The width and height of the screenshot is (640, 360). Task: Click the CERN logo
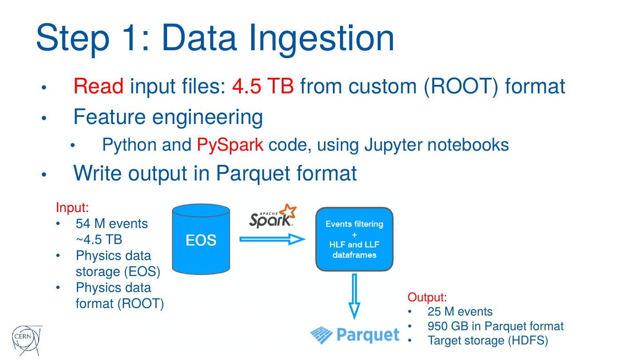(x=27, y=340)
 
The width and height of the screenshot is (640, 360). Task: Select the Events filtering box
(x=354, y=239)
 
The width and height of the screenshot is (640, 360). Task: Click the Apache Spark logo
(x=272, y=216)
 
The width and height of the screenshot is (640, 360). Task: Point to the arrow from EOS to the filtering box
(x=272, y=240)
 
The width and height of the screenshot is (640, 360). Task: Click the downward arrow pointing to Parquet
(x=354, y=296)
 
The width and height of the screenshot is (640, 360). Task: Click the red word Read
(x=98, y=86)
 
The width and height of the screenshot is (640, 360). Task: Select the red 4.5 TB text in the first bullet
(x=263, y=86)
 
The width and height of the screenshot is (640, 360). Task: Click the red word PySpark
(x=230, y=145)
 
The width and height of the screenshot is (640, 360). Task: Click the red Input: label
(x=72, y=207)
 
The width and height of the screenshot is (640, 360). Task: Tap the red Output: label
(x=427, y=297)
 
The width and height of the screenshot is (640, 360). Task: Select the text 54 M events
(x=112, y=224)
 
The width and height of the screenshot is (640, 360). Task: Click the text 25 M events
(x=460, y=312)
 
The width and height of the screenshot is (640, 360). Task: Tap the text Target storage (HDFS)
(x=488, y=340)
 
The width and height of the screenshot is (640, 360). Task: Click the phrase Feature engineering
(x=168, y=117)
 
